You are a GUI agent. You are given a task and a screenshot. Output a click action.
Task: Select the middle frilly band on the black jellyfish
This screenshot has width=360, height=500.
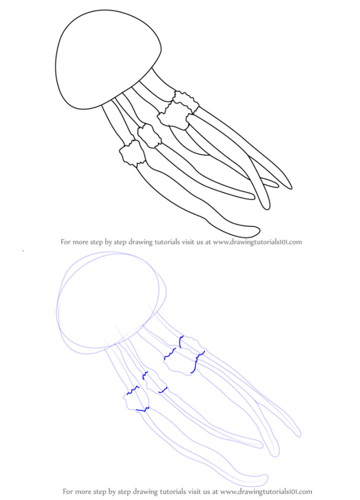pos(149,136)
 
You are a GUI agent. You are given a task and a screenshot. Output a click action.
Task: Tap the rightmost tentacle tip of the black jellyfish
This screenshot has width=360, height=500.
pos(290,187)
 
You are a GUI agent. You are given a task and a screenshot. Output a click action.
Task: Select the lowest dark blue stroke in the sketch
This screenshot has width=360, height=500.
pos(143,409)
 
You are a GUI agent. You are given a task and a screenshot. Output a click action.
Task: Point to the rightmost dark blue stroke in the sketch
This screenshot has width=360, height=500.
pos(196,362)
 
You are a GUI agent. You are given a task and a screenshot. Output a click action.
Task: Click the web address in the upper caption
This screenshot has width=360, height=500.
pos(257,242)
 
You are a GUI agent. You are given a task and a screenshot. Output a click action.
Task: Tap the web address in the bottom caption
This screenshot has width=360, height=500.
pos(266,491)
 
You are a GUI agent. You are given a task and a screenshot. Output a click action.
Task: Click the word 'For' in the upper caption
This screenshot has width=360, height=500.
pos(65,242)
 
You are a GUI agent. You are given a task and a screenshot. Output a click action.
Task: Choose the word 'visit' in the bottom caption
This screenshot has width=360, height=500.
pos(196,491)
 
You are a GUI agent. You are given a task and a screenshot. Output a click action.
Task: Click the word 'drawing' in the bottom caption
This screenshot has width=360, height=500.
pos(144,491)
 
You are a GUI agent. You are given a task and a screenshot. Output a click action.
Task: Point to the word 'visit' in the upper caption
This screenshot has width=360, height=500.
pos(188,242)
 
